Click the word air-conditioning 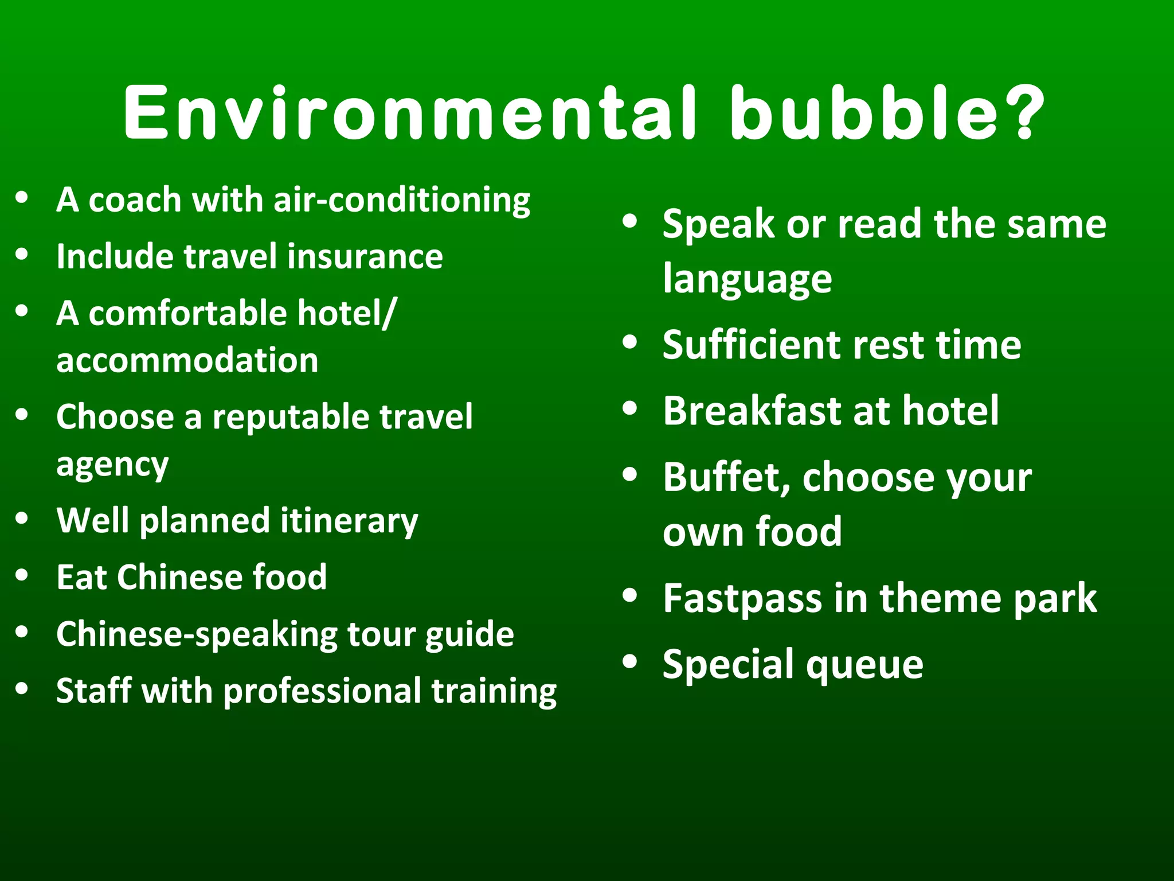[402, 200]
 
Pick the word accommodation [187, 361]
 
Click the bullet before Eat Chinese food [22, 575]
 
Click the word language [747, 280]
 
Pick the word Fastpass [743, 599]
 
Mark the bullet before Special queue [629, 661]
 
